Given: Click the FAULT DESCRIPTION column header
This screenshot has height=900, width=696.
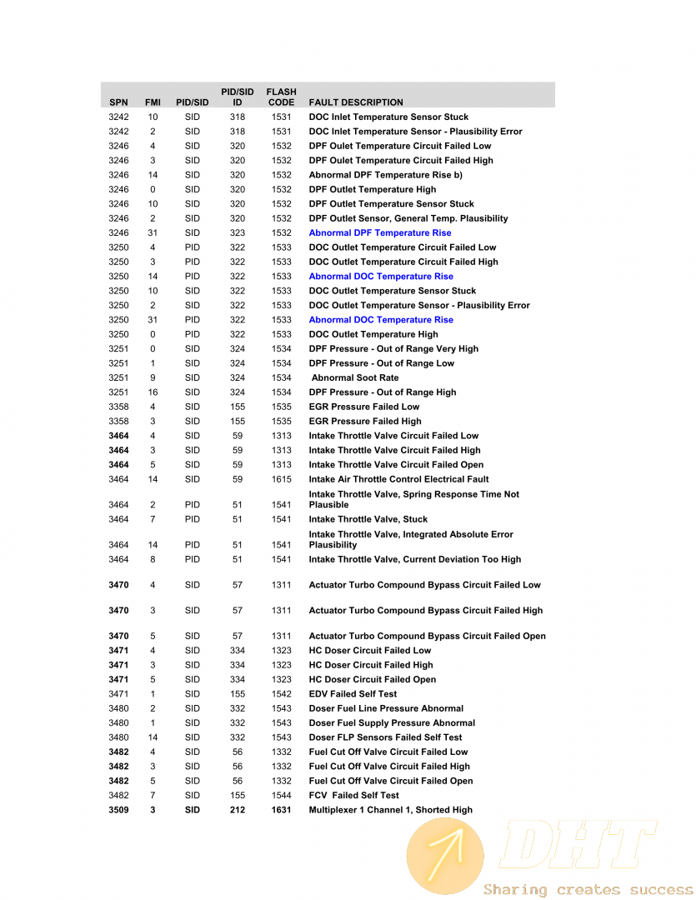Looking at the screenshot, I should click(x=356, y=102).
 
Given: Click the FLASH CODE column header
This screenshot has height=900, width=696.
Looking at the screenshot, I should click(x=281, y=97).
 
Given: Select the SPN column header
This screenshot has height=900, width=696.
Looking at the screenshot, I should click(x=118, y=102).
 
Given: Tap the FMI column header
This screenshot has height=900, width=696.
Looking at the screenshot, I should click(x=153, y=102).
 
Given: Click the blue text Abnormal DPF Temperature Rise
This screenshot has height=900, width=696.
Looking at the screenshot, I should click(x=380, y=233).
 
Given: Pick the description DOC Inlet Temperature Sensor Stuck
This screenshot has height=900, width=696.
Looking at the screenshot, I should click(x=388, y=117).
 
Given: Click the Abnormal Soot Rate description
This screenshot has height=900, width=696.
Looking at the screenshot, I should click(x=355, y=378).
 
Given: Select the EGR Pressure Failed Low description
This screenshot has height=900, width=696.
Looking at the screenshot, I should click(x=364, y=407).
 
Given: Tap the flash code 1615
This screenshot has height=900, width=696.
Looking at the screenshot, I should click(x=281, y=480).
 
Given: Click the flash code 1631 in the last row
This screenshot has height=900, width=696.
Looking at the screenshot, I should click(x=281, y=810).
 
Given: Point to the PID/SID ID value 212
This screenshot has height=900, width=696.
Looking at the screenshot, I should click(x=238, y=810).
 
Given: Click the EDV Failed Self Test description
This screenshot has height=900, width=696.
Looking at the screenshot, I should click(x=353, y=694).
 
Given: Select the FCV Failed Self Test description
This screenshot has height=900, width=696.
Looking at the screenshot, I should click(x=354, y=796).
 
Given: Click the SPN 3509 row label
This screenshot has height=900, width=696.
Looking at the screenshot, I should click(x=118, y=810).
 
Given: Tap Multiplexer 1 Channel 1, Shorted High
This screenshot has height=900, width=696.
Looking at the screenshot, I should click(x=391, y=810).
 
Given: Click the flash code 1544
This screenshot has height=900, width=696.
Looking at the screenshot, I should click(x=281, y=796).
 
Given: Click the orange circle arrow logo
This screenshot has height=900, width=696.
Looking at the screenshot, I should click(x=444, y=856).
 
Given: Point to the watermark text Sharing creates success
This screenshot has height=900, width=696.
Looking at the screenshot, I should click(x=588, y=890).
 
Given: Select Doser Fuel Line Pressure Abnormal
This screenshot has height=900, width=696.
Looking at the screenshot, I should click(x=386, y=709).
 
